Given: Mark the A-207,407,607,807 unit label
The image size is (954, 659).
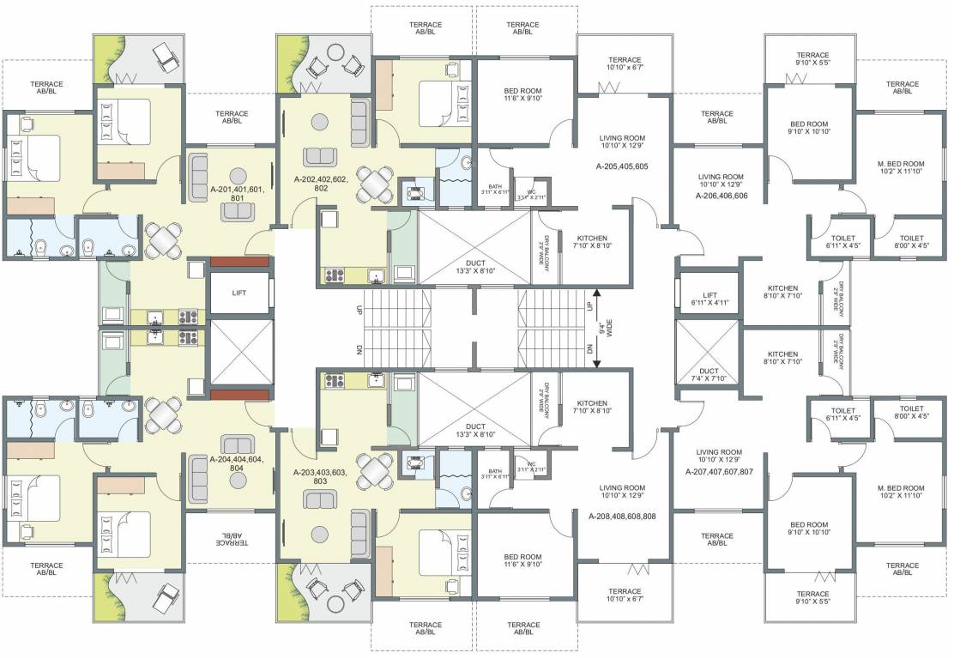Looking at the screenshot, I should pos(719,472).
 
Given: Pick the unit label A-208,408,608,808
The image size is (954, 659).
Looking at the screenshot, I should pos(622,517).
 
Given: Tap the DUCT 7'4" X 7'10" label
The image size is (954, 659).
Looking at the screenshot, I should pos(709,374).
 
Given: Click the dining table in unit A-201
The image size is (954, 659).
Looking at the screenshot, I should pos(163,239).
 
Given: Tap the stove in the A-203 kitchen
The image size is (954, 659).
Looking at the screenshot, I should pos(333,379).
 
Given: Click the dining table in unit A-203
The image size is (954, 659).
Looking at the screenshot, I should pos(375,469).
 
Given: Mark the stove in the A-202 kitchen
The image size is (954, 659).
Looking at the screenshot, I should pos(333,276).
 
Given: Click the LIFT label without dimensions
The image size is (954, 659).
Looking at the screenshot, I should pos(240,293).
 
